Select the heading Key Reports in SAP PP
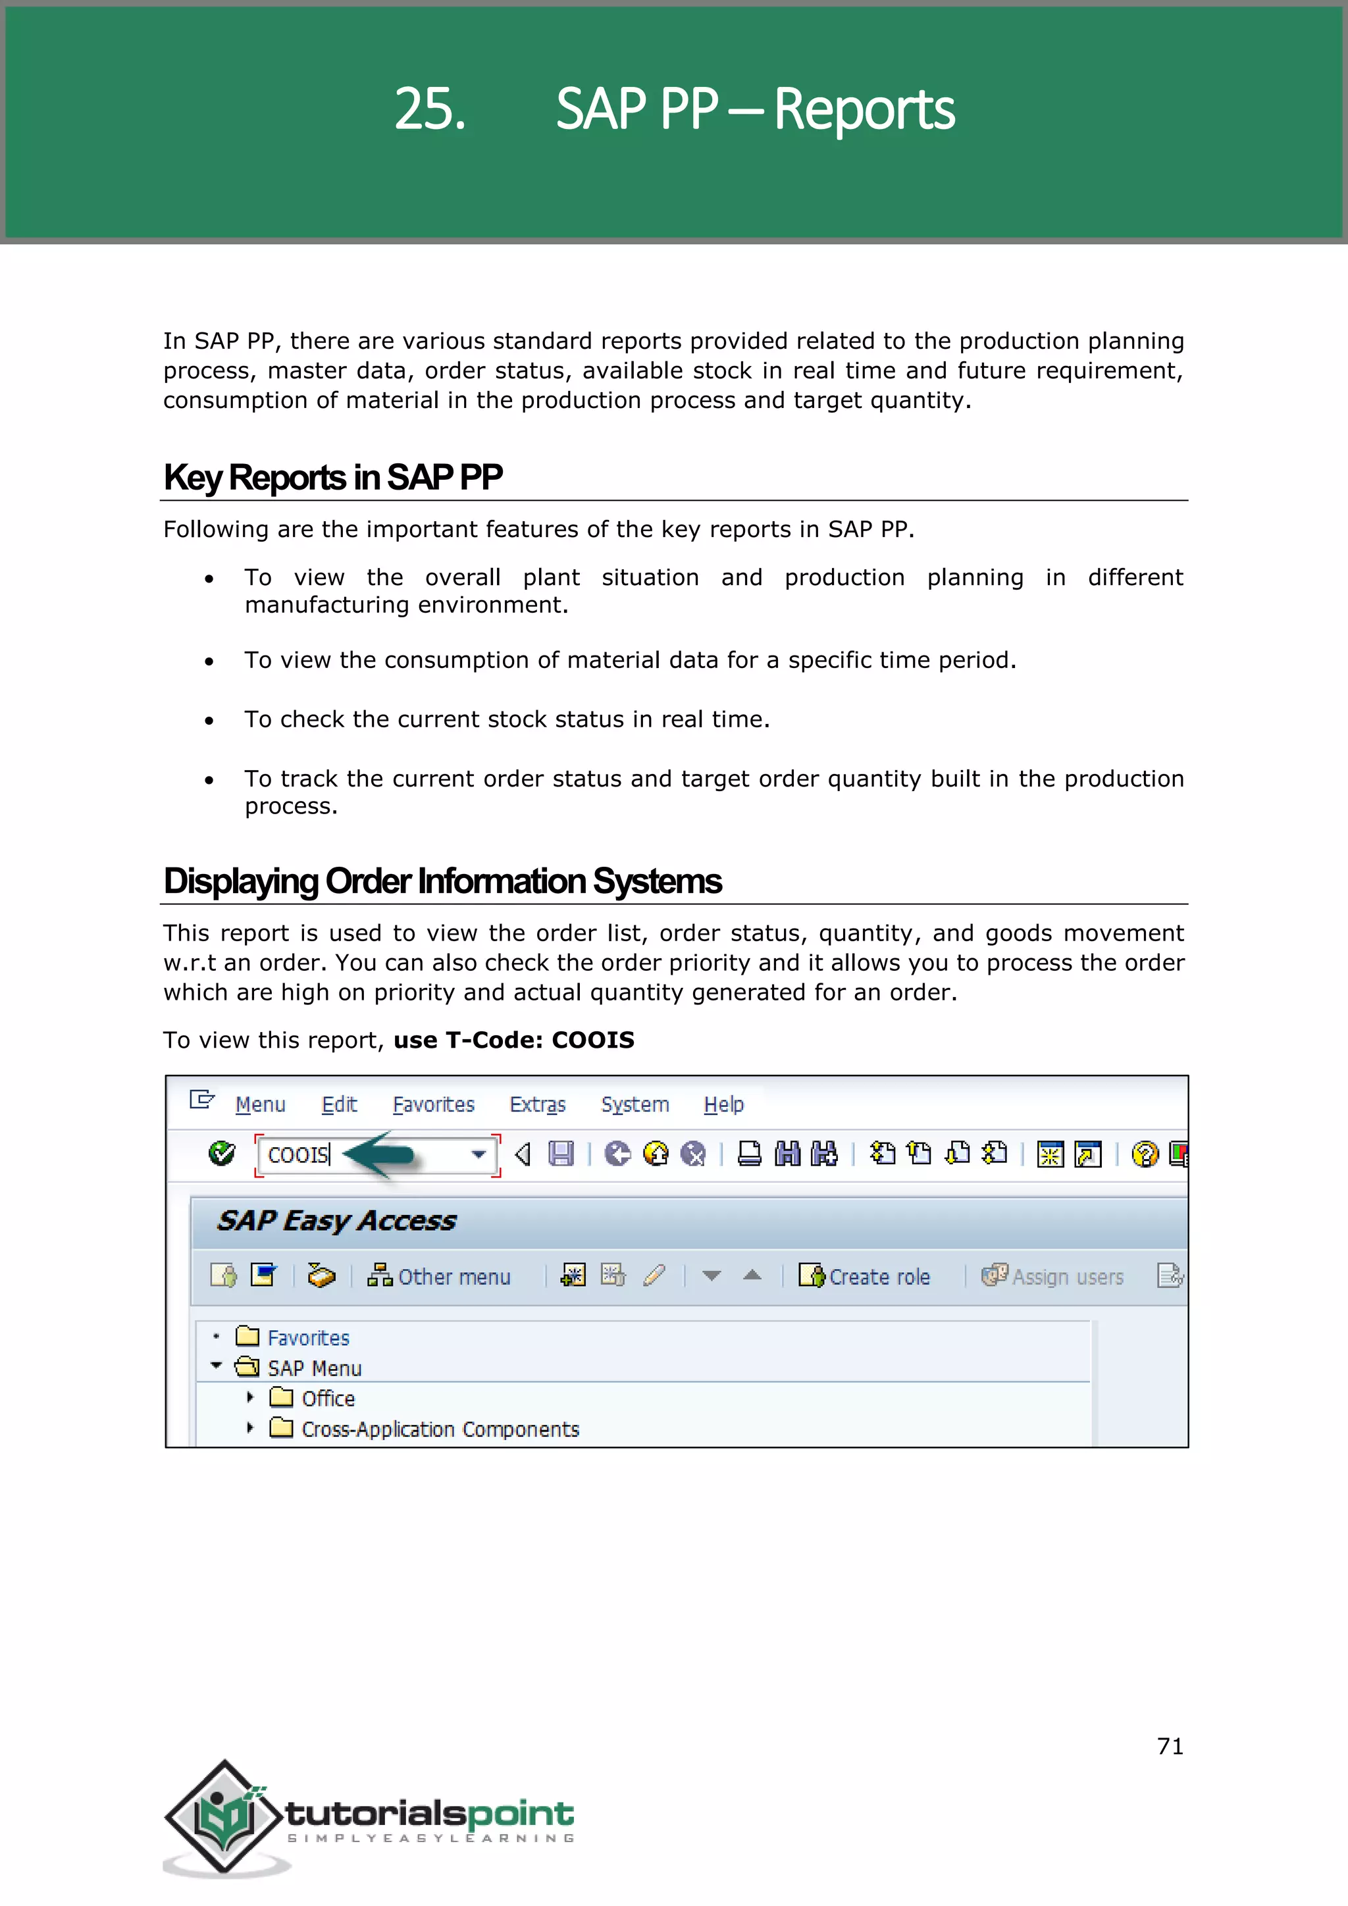333,477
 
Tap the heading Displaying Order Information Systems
442,881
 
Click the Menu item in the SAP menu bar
260,1104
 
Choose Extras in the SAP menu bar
537,1104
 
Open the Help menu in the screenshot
723,1104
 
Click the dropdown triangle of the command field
478,1154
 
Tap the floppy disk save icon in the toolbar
561,1154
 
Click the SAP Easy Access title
336,1220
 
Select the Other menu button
439,1276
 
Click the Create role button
864,1276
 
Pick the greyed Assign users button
1052,1276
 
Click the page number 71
1170,1746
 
